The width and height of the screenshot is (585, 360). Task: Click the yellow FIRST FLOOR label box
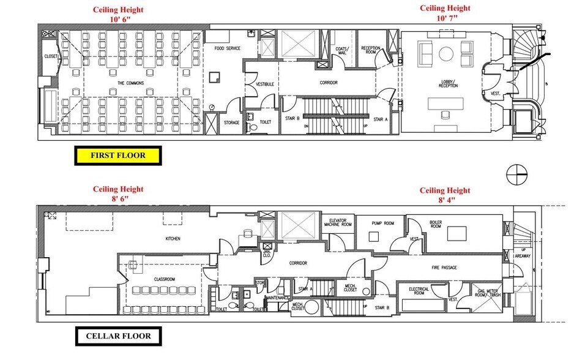coord(117,156)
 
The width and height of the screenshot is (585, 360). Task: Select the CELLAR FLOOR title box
coord(117,336)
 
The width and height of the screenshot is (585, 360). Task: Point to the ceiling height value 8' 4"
coord(445,199)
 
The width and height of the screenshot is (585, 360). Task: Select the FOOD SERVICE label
coord(226,48)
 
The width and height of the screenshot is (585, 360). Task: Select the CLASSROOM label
coord(165,279)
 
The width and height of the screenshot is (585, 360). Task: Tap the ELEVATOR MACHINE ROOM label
coord(339,223)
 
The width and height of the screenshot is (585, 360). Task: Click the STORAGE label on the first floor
coord(231,122)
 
